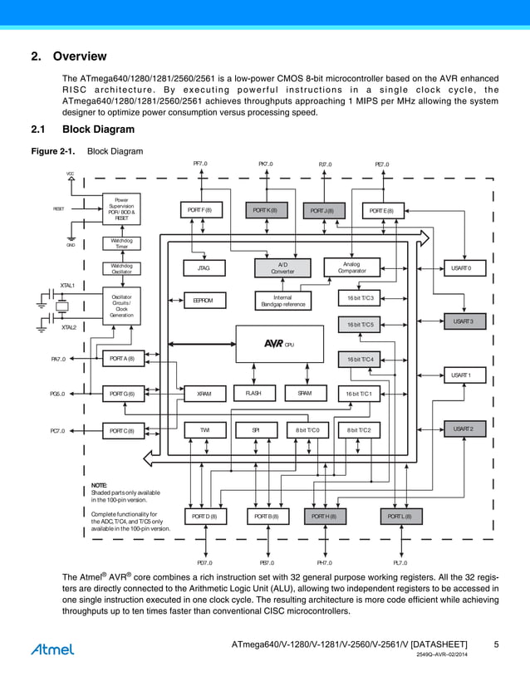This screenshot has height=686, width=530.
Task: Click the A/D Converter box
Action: (282, 268)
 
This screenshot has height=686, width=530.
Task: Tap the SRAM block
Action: (304, 393)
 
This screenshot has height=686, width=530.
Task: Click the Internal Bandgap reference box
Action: (282, 301)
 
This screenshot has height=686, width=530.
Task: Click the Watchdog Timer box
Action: (122, 243)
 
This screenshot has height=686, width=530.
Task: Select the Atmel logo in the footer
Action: (52, 649)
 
